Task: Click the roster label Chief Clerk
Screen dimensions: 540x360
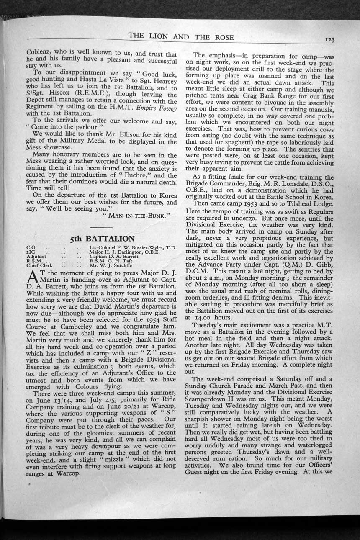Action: coord(39,265)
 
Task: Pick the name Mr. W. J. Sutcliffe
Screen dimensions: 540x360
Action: coord(110,265)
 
